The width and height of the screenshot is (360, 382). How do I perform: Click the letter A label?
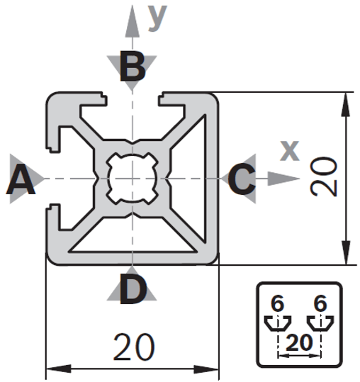point(21,179)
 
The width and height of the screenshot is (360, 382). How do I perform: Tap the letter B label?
point(133,66)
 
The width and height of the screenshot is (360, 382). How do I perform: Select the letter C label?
point(242,179)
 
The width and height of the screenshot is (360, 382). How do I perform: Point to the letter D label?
point(133,289)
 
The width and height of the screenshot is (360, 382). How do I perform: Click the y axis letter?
point(157,18)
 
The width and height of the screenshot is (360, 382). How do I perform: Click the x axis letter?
point(290,150)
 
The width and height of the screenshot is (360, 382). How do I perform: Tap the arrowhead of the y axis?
point(133,21)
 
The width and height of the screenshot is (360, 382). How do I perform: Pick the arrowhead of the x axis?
point(283,179)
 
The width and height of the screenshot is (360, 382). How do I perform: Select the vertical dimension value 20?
point(324,176)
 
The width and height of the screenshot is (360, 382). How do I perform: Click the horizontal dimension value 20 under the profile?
point(134,347)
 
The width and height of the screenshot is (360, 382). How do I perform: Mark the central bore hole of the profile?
point(133,179)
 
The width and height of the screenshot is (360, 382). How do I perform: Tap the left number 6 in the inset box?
point(277,303)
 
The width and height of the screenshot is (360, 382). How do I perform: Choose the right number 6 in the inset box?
point(320,303)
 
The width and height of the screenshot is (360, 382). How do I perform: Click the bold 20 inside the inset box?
point(299,343)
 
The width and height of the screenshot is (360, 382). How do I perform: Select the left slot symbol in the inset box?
point(278,323)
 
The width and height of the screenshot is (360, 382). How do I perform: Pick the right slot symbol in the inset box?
point(320,323)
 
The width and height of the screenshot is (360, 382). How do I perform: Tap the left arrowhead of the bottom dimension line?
point(59,369)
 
